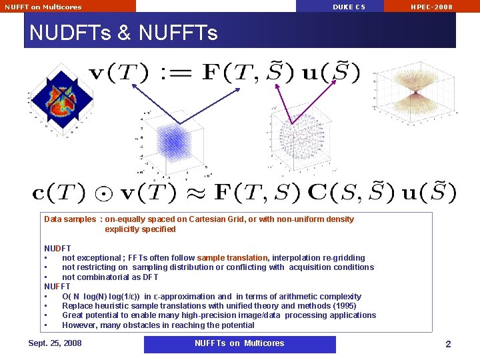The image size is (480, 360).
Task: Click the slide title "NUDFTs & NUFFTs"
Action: click(124, 32)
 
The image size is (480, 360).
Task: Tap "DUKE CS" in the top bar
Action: click(349, 7)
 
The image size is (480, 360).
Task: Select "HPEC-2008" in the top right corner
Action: click(431, 7)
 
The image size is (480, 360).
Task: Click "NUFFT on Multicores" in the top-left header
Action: click(43, 7)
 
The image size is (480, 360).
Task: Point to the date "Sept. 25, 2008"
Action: click(55, 343)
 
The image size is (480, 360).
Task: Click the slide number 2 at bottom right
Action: click(448, 344)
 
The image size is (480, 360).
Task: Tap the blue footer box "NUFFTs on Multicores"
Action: click(239, 343)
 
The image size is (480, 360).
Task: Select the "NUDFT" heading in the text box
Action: click(57, 248)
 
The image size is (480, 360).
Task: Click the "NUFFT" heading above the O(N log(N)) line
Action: click(57, 287)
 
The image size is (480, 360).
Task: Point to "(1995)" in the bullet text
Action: click(343, 306)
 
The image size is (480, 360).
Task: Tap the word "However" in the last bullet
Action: click(79, 325)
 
